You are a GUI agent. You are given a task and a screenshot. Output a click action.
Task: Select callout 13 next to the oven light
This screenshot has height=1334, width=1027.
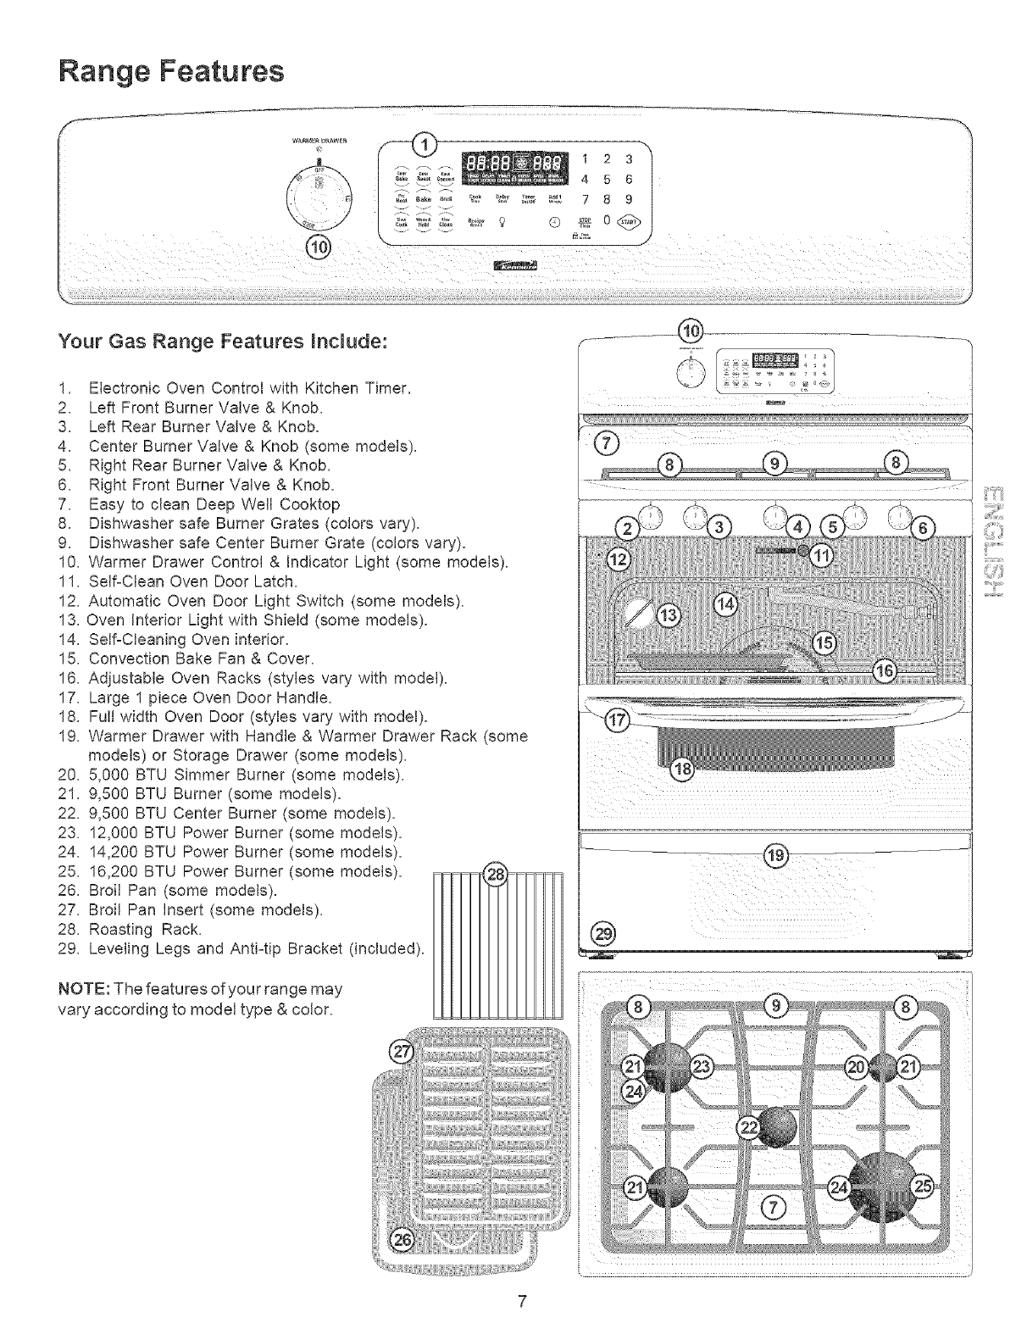669,614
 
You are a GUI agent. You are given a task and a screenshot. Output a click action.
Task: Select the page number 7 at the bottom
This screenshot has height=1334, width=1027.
524,1301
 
